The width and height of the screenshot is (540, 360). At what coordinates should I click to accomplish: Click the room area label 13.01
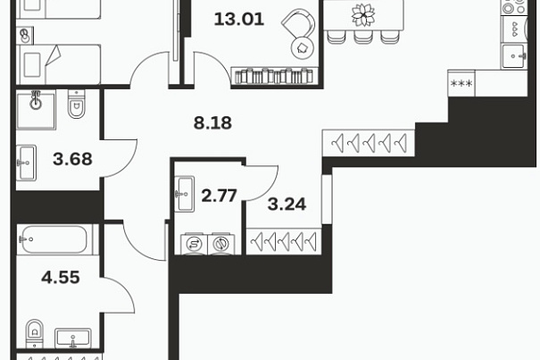(239, 19)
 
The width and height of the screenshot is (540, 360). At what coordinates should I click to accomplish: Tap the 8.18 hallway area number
(212, 122)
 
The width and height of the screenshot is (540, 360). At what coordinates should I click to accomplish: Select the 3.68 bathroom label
(72, 159)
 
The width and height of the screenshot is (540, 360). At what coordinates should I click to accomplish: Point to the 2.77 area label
(219, 196)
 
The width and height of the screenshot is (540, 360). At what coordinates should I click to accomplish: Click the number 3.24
(287, 205)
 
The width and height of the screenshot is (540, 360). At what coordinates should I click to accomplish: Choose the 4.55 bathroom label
(61, 277)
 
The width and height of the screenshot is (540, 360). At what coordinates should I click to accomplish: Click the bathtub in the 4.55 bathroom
(54, 239)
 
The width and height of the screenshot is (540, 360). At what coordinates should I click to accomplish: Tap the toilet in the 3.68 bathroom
(76, 105)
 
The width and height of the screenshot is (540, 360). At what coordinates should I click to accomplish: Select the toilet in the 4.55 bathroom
(35, 334)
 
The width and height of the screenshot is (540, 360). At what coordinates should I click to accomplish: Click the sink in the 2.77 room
(184, 194)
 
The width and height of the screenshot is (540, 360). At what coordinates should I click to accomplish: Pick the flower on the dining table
(363, 15)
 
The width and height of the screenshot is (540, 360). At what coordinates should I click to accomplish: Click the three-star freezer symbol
(461, 83)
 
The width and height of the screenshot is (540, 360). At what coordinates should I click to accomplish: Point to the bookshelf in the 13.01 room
(275, 76)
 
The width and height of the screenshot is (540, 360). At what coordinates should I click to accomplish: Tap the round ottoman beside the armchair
(303, 48)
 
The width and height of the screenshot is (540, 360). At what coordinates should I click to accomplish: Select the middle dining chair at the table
(363, 37)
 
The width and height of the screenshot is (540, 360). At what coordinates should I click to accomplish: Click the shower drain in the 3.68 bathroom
(36, 103)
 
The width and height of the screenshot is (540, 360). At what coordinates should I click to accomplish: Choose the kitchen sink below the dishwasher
(513, 56)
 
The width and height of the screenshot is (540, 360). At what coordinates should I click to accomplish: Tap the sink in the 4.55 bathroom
(73, 338)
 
